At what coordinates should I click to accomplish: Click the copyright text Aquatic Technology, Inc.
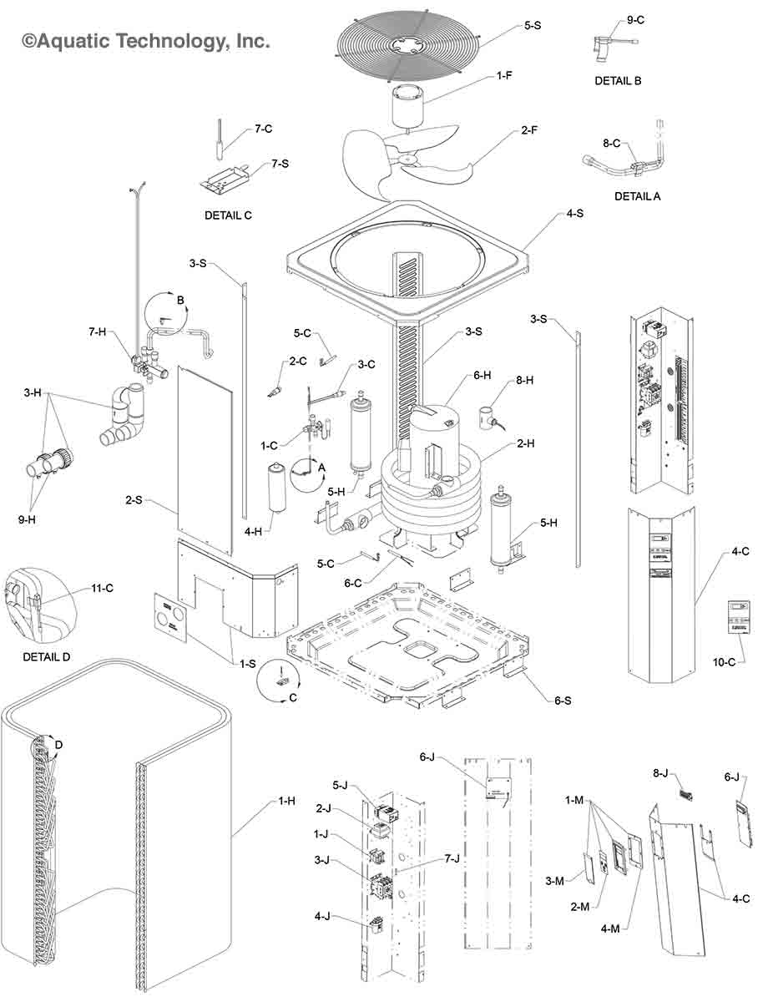pos(146,39)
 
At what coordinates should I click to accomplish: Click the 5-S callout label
pos(533,26)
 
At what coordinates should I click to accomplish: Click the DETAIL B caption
pos(618,81)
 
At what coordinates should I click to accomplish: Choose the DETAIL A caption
pos(637,196)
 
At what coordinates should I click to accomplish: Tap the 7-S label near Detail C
pos(280,164)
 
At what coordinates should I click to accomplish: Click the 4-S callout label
pos(574,214)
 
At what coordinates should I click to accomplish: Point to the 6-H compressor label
pos(482,377)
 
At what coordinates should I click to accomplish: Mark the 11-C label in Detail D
pos(103,589)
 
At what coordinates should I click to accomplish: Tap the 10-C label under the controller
pos(725,662)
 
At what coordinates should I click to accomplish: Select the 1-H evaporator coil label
pos(286,801)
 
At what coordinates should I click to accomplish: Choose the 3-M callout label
pos(554,881)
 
